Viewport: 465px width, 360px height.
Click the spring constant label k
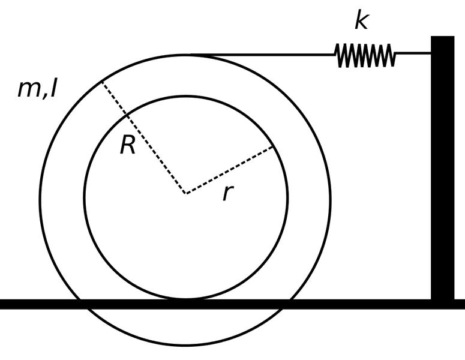pyautogui.click(x=362, y=21)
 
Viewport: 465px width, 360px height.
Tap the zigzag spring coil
pyautogui.click(x=365, y=55)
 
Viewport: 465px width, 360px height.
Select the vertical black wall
pyautogui.click(x=442, y=168)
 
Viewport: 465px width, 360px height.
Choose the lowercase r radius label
pyautogui.click(x=228, y=193)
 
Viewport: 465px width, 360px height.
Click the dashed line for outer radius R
pyautogui.click(x=144, y=137)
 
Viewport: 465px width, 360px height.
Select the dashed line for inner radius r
pyautogui.click(x=229, y=170)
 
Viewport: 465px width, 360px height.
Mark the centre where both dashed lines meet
pyautogui.click(x=186, y=194)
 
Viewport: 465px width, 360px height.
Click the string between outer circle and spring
pyautogui.click(x=262, y=55)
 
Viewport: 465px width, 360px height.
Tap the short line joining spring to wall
pyautogui.click(x=413, y=53)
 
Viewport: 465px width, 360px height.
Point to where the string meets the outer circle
pyautogui.click(x=190, y=55)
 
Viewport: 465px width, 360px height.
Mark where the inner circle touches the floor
pyautogui.click(x=185, y=299)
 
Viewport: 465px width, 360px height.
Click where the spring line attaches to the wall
pyautogui.click(x=431, y=53)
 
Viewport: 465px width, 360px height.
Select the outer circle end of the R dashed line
pyautogui.click(x=102, y=81)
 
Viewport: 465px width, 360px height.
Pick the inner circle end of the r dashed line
pyautogui.click(x=273, y=146)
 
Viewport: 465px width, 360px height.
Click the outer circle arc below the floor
pyautogui.click(x=184, y=345)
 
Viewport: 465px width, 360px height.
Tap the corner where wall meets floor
pyautogui.click(x=431, y=299)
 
